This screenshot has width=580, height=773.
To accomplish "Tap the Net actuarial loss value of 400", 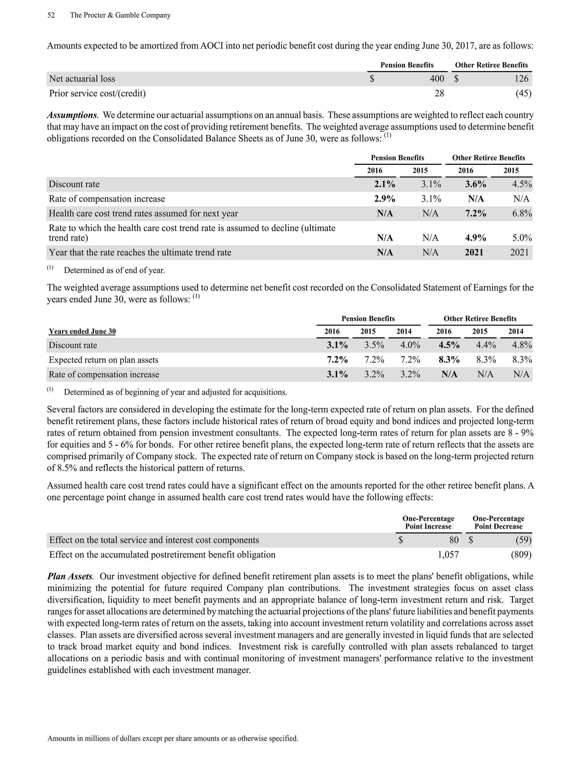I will pyautogui.click(x=437, y=79).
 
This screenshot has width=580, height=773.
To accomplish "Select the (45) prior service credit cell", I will pyautogui.click(x=523, y=93).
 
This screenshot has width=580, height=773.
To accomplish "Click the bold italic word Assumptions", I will pyautogui.click(x=72, y=115).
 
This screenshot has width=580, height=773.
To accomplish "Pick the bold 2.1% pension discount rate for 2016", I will pyautogui.click(x=385, y=184).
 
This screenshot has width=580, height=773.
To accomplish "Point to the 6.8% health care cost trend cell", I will pyautogui.click(x=522, y=213).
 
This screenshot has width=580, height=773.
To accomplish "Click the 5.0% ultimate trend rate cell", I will pyautogui.click(x=522, y=238).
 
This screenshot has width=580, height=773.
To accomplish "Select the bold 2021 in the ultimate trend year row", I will pyautogui.click(x=474, y=253).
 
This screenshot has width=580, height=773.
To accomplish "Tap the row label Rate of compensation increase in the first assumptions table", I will pyautogui.click(x=107, y=199).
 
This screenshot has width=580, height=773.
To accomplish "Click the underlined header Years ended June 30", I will pyautogui.click(x=82, y=331).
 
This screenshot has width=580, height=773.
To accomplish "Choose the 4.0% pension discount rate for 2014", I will pyautogui.click(x=410, y=345).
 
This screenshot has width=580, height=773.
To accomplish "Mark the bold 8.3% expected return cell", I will pyautogui.click(x=449, y=360).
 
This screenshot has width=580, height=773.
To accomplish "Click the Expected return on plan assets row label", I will pyautogui.click(x=103, y=360).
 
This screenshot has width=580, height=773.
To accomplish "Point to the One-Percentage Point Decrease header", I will pyautogui.click(x=498, y=522).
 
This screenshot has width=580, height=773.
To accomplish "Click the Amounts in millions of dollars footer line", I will pyautogui.click(x=173, y=738).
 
